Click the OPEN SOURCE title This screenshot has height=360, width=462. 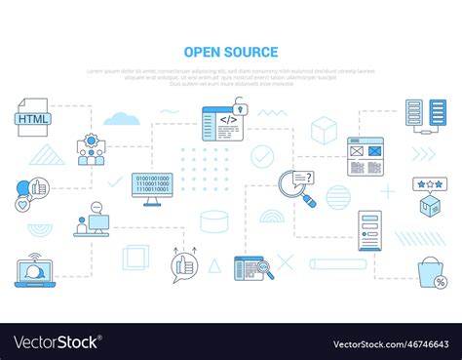click(230, 53)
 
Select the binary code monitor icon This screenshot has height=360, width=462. click(151, 188)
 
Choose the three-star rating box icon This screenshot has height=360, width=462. click(429, 196)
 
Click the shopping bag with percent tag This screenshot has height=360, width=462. click(431, 272)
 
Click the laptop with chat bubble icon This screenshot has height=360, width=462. click(33, 271)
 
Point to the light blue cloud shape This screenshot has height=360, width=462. click(121, 119)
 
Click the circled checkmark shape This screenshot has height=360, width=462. click(262, 156)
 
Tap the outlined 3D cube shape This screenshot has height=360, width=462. click(324, 130)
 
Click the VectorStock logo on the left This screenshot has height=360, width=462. click(57, 342)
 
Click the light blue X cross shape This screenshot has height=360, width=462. click(286, 261)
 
